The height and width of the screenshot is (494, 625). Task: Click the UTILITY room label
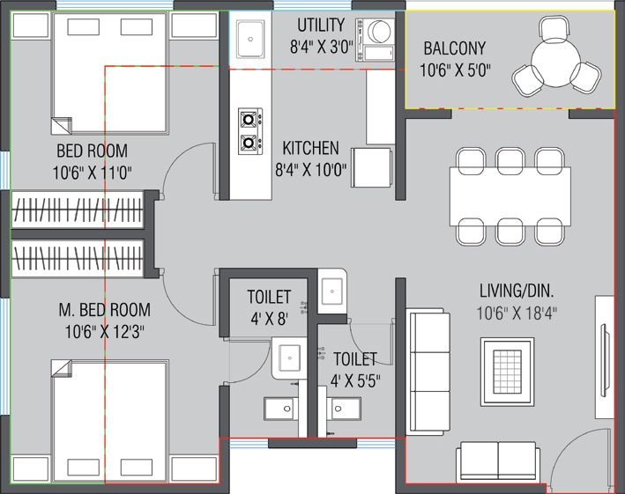pos(321,25)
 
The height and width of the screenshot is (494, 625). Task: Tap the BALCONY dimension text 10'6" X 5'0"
pos(455,70)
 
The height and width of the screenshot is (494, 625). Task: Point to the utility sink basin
pos(250,39)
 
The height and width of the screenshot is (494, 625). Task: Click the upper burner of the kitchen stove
pos(249,119)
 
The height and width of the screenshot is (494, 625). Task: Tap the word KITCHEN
pos(310,148)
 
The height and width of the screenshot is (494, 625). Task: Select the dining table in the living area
pos(510,196)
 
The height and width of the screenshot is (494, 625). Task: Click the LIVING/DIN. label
pos(517,291)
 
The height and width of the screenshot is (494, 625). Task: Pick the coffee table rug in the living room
pos(507,372)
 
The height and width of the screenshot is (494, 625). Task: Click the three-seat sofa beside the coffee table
pos(428,371)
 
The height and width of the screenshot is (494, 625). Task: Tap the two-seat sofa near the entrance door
pos(498,460)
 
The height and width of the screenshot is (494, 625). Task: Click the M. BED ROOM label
pos(104,310)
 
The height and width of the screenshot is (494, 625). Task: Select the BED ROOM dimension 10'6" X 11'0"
pos(93,173)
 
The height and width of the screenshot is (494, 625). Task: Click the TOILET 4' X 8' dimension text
pos(269,319)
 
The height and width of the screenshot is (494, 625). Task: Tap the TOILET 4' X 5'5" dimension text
pos(355,381)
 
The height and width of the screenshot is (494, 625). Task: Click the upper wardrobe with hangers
pos(77,210)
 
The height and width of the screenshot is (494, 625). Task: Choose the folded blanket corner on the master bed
pos(62,368)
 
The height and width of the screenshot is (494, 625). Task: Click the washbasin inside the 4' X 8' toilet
pos(289,358)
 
